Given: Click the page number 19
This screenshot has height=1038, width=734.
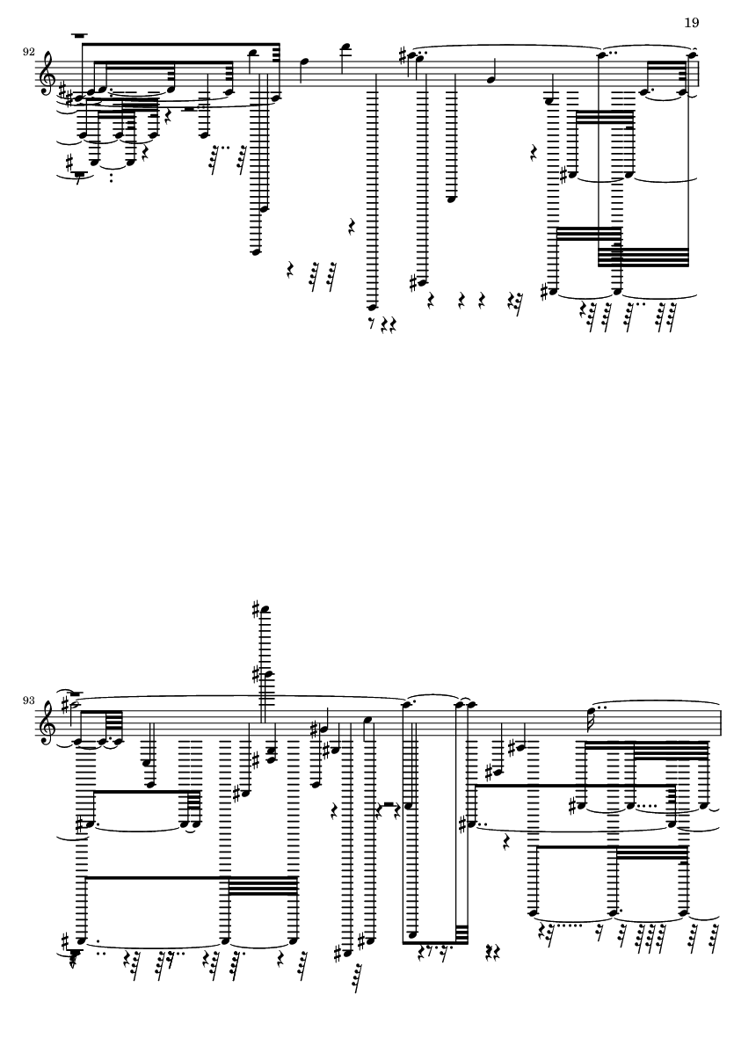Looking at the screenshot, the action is (691, 23).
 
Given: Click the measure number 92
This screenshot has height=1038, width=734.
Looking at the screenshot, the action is (28, 52).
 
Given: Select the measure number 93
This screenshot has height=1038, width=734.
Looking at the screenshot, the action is (28, 700).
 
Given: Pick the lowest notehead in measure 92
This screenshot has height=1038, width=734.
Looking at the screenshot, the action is (372, 307).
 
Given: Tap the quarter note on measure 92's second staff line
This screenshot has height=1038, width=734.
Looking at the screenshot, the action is (490, 80).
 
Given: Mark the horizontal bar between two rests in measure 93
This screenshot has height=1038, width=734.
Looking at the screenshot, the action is (389, 805).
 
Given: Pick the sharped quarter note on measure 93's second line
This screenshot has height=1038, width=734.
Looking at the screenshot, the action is (324, 729).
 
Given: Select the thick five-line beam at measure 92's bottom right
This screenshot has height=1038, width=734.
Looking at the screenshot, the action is (643, 257).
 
